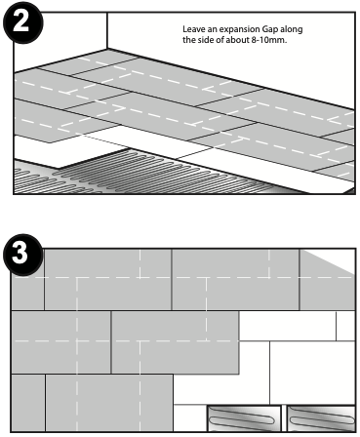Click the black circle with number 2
pos(22,22)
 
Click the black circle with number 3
pos(22,255)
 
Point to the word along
pos(292,29)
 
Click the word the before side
pos(188,40)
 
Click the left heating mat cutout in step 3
pos(244,418)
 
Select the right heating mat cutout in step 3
pos(321,418)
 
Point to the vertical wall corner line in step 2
pos(107,30)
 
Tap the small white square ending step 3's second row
pos(345,326)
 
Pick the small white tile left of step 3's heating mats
pos(190,418)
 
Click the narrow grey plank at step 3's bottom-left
pos(28,403)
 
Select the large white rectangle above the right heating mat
pos(312,373)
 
